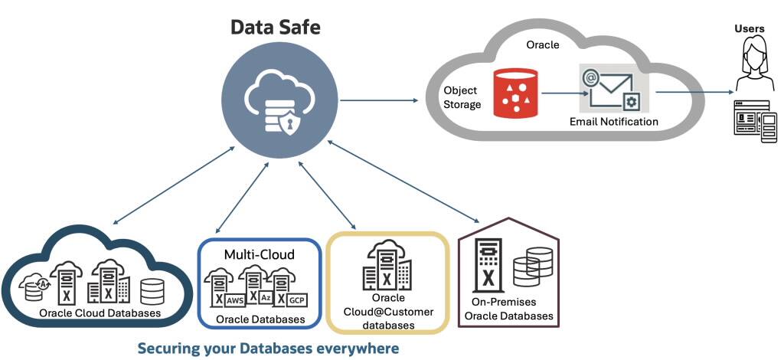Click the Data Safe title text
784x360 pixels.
click(x=276, y=28)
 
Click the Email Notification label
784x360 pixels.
click(x=613, y=122)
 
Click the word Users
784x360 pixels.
click(x=750, y=28)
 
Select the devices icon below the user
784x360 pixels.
click(x=756, y=118)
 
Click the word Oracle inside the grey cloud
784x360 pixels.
click(x=542, y=45)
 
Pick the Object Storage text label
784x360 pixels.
click(x=462, y=97)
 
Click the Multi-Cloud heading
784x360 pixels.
click(x=260, y=254)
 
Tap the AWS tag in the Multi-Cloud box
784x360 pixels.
click(x=234, y=301)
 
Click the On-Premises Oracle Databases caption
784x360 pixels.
click(x=508, y=309)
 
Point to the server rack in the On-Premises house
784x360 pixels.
click(x=488, y=263)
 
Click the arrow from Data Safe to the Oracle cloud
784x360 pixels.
click(x=379, y=100)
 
